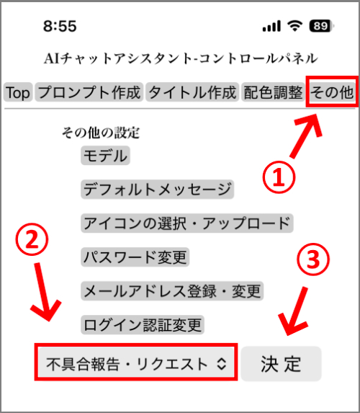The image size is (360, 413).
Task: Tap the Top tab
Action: [18, 92]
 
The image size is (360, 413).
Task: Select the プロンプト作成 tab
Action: [89, 92]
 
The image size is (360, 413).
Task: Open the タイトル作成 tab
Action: [192, 92]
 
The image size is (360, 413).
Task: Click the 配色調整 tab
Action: [273, 92]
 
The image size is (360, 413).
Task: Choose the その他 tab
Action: [332, 92]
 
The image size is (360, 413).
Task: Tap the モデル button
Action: [105, 156]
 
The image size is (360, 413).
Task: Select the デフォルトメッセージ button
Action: [158, 190]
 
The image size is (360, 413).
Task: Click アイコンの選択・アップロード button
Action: [187, 223]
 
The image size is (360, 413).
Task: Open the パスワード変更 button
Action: [135, 257]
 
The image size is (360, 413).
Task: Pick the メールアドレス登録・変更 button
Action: [172, 290]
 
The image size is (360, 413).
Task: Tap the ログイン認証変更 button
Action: [143, 325]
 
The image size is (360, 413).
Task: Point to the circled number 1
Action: [279, 177]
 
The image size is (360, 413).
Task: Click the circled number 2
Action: [32, 239]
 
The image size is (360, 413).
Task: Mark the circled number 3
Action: [312, 259]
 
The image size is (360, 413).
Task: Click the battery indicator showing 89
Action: [322, 26]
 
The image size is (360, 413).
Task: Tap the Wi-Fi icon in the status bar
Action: [294, 26]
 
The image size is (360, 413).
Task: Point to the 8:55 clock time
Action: [60, 26]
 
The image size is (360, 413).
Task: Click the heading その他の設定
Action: [101, 133]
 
